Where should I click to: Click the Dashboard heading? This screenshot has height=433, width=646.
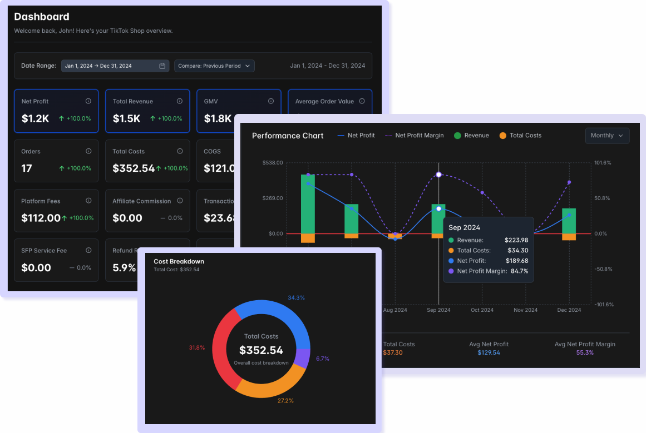coord(42,17)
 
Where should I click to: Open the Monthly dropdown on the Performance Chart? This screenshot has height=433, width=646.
coord(607,136)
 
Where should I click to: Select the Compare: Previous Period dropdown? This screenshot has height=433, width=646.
coord(214,66)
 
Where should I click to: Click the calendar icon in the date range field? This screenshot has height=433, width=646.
coord(162,66)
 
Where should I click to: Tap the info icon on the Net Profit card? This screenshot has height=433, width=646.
coord(88,101)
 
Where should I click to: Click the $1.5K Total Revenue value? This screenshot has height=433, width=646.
coord(126,118)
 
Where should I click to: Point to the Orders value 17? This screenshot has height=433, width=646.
coord(27,168)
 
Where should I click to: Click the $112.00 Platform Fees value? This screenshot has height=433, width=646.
coord(41,218)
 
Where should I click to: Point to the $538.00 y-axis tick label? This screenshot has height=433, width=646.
coord(272,163)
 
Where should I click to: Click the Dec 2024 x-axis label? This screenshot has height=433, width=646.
coord(569,310)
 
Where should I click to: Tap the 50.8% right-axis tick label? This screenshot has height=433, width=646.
coord(603,198)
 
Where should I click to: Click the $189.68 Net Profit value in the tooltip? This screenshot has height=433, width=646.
coord(517,261)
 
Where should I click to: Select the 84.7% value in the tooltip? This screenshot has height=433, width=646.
coord(519,271)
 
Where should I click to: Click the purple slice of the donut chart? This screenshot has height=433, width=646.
coord(302,359)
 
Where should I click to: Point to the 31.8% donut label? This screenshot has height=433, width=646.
coord(197,348)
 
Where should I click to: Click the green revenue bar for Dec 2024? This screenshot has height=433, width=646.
coord(569,221)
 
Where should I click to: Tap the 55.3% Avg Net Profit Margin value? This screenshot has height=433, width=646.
coord(585,353)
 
